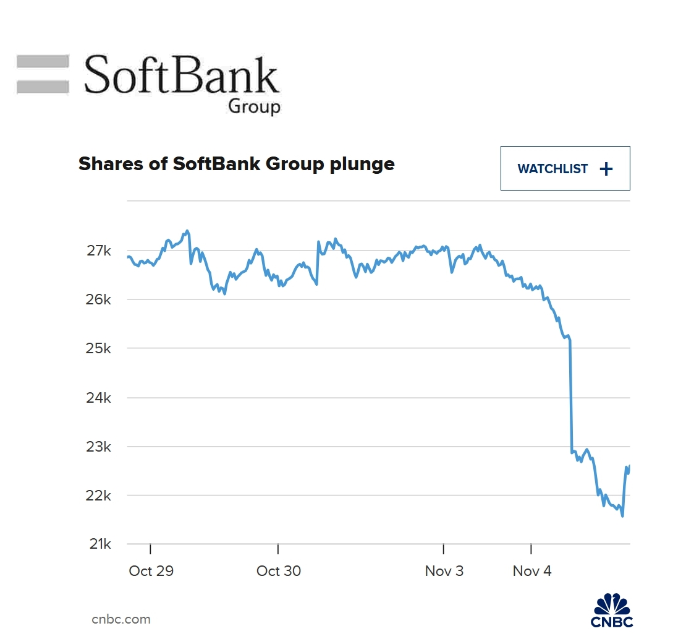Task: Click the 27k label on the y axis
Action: [x=99, y=251]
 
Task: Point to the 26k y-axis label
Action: [x=99, y=299]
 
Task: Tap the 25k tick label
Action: [x=99, y=348]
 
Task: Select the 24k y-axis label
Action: [x=99, y=397]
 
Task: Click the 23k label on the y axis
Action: [x=99, y=446]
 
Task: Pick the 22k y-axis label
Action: [x=99, y=496]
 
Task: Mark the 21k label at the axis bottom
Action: [x=99, y=544]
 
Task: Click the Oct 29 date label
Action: [x=151, y=571]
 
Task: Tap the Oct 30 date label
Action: [x=279, y=571]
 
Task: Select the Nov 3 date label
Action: [x=444, y=571]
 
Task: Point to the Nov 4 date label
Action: [x=532, y=571]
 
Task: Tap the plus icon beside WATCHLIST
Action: [x=606, y=169]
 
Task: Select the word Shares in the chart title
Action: [x=103, y=164]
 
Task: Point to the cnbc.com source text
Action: [x=121, y=619]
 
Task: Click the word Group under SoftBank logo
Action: [x=254, y=106]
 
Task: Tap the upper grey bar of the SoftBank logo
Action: [x=43, y=61]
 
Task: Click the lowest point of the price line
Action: [x=622, y=516]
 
